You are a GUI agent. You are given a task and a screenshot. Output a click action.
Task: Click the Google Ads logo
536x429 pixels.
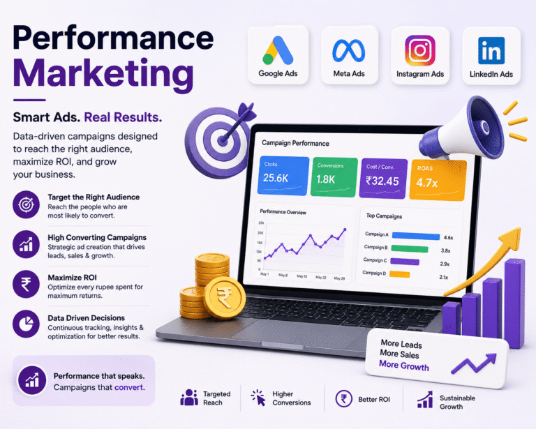(278, 50)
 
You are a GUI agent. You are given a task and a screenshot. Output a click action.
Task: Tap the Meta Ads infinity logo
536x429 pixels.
(349, 51)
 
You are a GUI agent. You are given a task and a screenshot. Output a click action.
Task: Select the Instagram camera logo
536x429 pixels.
(419, 50)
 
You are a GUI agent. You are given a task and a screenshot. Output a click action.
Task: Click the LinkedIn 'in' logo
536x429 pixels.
(491, 50)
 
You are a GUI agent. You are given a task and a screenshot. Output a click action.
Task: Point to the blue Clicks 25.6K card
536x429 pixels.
(283, 176)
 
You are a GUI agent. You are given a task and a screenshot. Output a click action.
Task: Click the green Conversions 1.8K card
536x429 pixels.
(334, 177)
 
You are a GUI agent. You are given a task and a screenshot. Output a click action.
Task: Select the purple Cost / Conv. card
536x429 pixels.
(383, 179)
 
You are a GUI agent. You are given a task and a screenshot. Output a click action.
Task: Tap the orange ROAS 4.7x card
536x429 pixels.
(438, 180)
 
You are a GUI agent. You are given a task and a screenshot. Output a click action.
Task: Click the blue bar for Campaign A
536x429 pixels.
(416, 236)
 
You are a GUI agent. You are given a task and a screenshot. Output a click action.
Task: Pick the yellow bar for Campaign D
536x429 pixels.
(399, 274)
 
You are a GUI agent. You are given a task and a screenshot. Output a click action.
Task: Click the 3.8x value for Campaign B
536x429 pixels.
(445, 250)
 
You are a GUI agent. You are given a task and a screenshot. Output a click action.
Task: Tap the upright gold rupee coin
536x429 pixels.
(224, 297)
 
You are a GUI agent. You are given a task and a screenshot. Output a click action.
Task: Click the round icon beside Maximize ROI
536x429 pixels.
(26, 284)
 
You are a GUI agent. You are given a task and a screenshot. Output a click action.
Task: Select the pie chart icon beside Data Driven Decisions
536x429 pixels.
(26, 324)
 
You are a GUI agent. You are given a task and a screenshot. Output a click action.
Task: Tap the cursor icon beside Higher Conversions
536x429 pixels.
(258, 398)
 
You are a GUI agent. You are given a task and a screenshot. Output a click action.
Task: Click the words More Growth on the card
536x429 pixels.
(403, 366)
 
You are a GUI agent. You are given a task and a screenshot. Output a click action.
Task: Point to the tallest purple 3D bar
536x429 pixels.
(514, 303)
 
